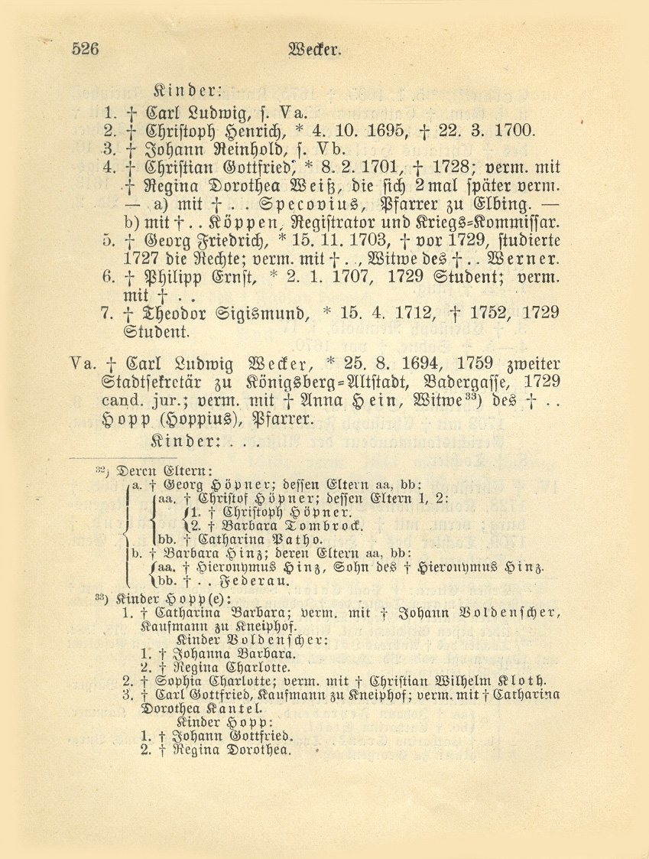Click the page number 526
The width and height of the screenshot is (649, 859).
pyautogui.click(x=86, y=50)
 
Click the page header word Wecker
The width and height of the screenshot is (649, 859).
pyautogui.click(x=313, y=50)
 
